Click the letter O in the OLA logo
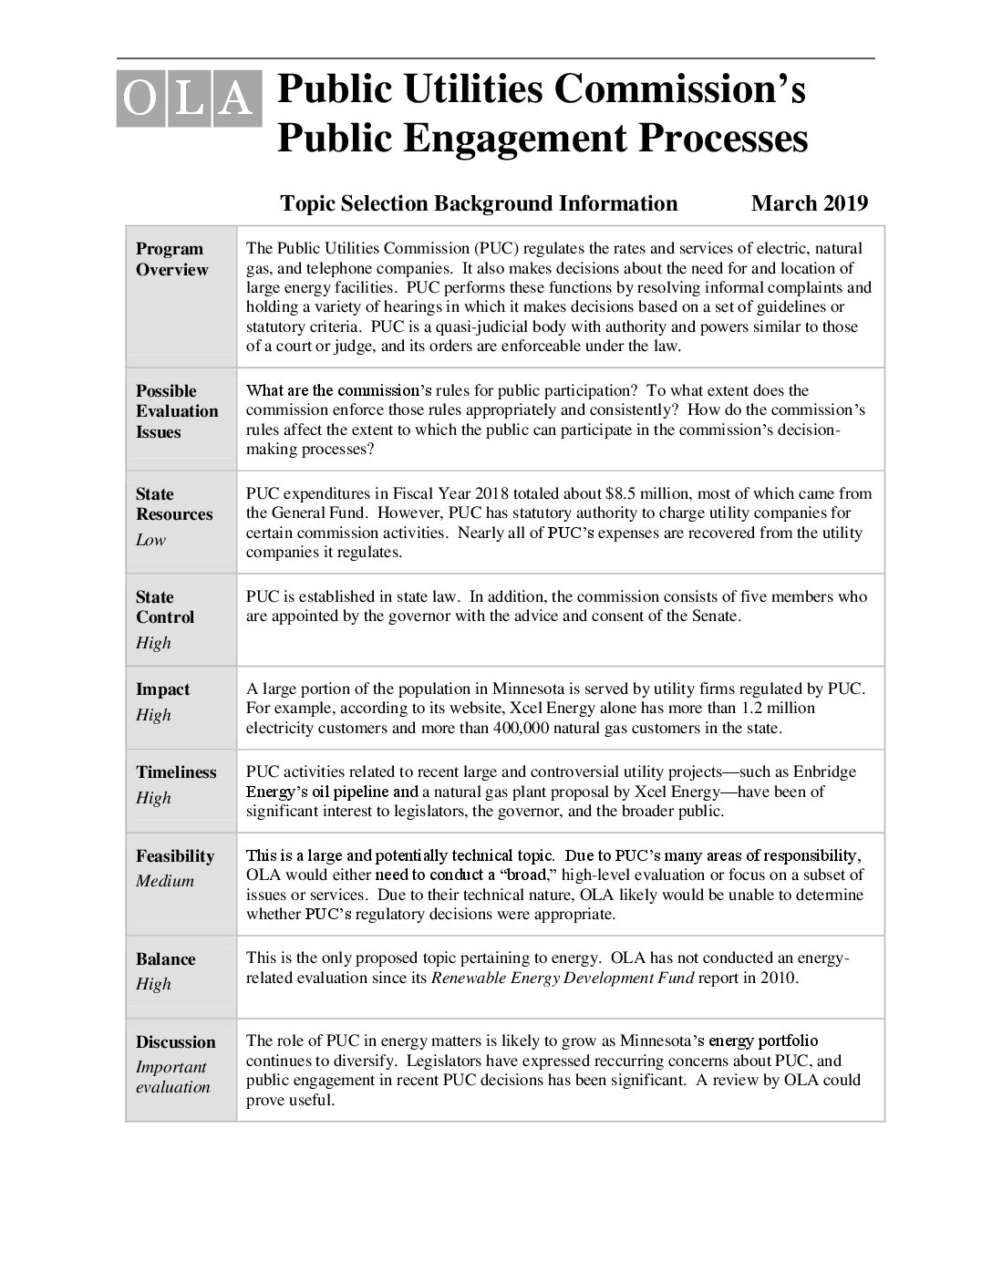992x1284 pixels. click(139, 98)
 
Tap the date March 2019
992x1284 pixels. click(809, 203)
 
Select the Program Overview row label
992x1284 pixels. click(171, 259)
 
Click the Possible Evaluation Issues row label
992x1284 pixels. click(177, 411)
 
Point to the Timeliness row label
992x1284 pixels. click(176, 771)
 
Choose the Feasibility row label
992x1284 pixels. click(175, 855)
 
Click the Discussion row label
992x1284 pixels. click(176, 1041)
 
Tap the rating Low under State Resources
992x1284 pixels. click(150, 540)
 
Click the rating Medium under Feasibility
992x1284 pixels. click(165, 881)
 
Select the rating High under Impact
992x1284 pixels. click(153, 715)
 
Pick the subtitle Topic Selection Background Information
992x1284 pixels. click(479, 203)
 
